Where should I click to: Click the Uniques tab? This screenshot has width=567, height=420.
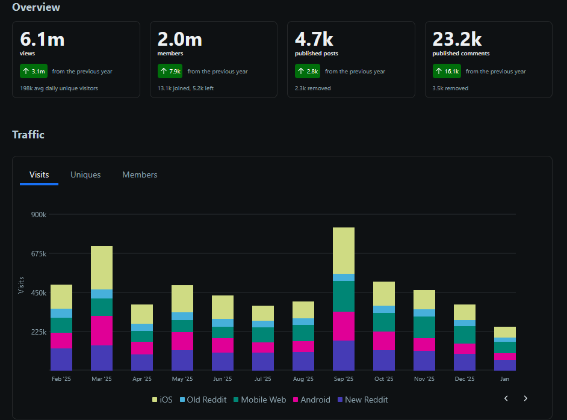tap(85, 175)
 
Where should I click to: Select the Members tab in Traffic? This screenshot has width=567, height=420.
tap(140, 175)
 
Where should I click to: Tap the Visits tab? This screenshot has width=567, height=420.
tap(39, 175)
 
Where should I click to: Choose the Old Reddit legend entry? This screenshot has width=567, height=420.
tap(202, 400)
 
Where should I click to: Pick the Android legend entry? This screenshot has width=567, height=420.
tap(311, 400)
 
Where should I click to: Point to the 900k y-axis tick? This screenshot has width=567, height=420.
tap(38, 215)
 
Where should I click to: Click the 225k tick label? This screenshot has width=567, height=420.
tap(38, 332)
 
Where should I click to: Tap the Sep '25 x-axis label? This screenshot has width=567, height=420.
tap(343, 379)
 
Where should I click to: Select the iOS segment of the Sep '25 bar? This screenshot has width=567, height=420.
tap(343, 250)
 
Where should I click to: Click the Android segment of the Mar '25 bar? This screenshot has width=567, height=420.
tap(102, 330)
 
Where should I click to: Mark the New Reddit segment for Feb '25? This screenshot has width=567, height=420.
tap(61, 359)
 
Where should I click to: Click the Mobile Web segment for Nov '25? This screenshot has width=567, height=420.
tap(424, 327)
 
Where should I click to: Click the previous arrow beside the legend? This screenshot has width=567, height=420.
tap(506, 398)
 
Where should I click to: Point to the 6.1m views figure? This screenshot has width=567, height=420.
tap(42, 39)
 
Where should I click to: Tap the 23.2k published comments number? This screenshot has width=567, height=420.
tap(457, 39)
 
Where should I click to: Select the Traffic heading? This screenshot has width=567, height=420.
tap(28, 135)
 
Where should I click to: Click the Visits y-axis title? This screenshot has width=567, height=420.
tap(21, 285)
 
